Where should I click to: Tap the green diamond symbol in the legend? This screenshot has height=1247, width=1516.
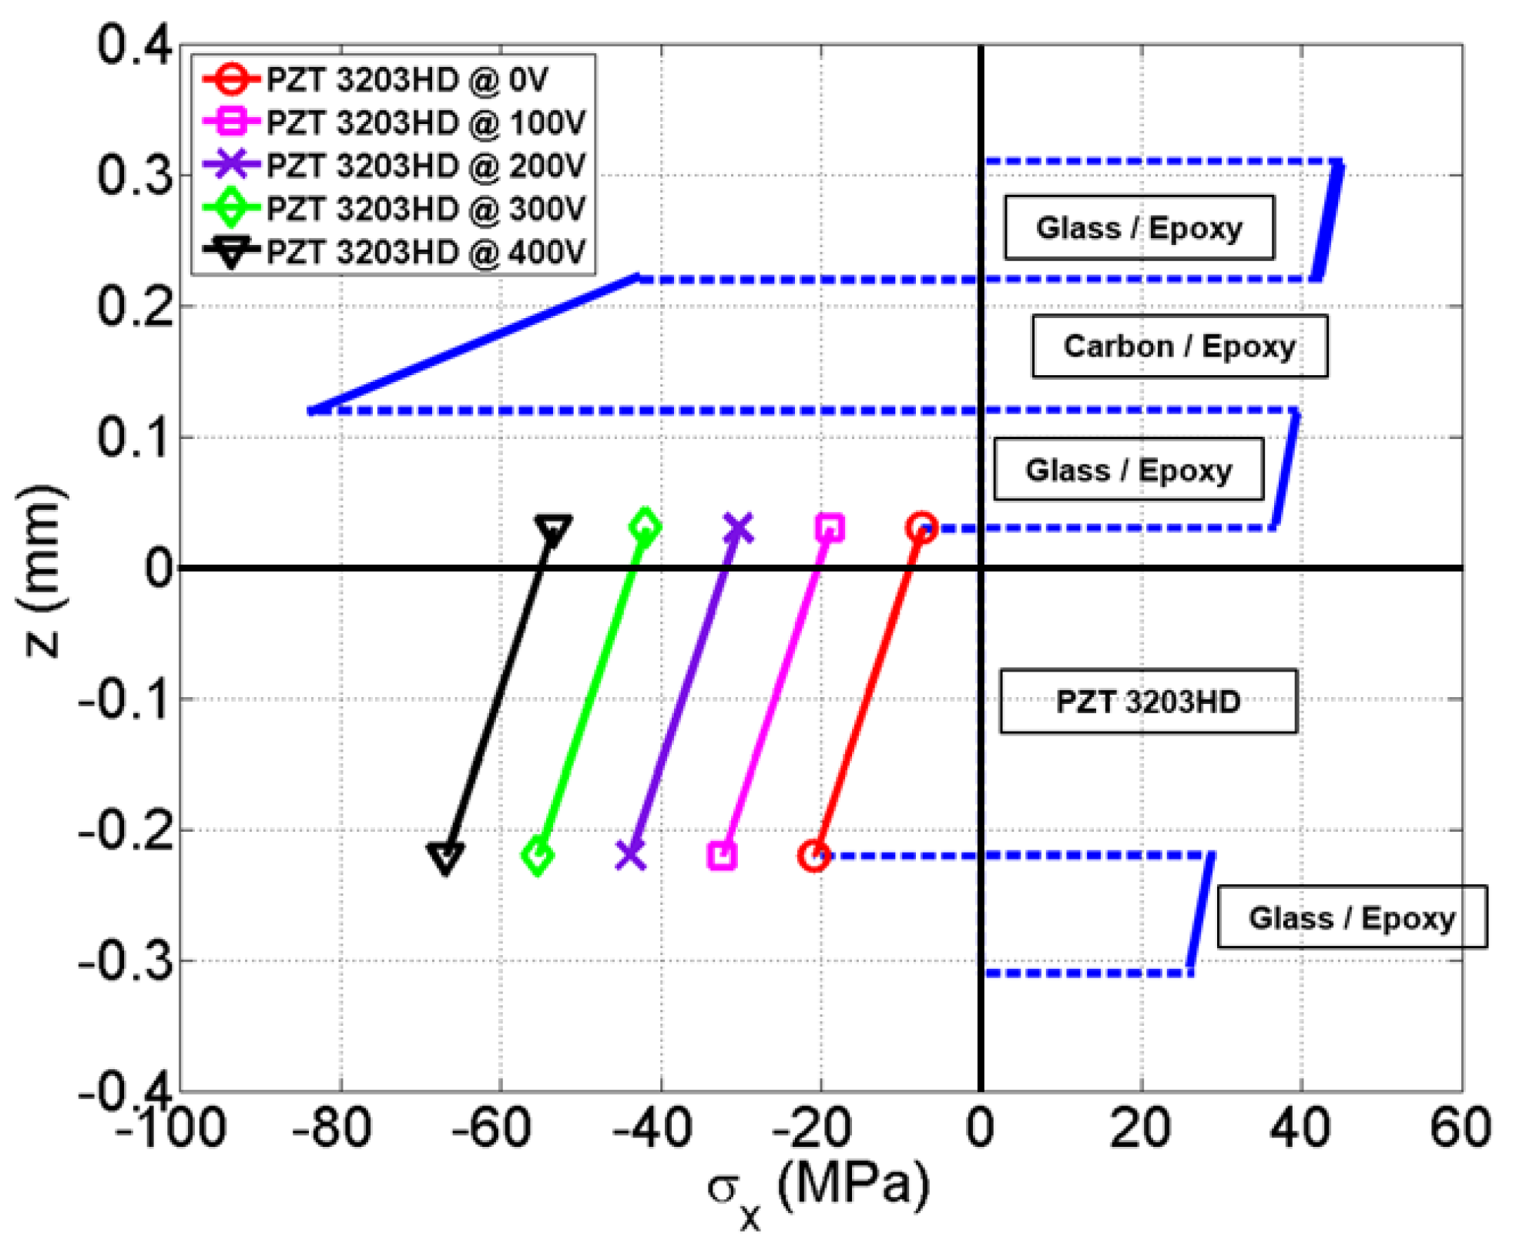230,208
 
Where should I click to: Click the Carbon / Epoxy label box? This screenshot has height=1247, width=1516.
1179,347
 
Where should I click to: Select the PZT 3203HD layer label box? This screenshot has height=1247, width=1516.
1148,702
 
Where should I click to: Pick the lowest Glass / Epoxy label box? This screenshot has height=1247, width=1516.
1351,917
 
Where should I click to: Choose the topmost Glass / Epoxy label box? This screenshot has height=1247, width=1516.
1139,228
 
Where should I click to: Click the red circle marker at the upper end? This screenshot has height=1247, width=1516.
921,528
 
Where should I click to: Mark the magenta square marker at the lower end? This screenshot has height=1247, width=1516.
722,856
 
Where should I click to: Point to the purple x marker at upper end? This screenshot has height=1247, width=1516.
738,528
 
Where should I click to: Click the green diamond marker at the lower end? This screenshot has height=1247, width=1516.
538,856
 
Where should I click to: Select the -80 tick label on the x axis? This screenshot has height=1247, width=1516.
331,1128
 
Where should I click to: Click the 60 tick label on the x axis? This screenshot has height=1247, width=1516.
1460,1128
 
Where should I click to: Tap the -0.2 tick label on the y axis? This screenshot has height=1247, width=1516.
125,832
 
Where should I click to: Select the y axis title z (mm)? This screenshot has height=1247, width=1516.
42,570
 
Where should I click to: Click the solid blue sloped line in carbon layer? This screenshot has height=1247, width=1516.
474,344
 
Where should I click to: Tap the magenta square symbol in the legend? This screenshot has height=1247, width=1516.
230,122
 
